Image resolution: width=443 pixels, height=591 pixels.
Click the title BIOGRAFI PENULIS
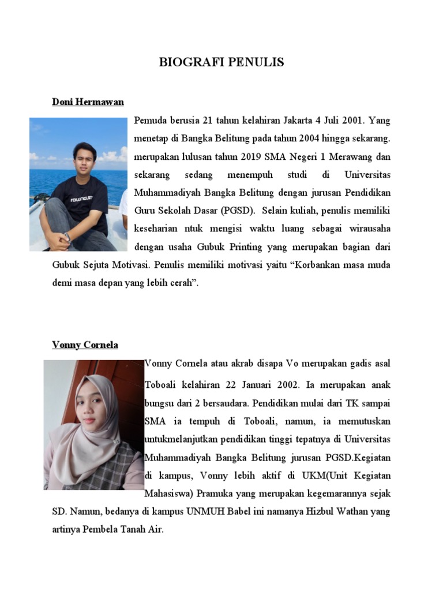[x=221, y=62]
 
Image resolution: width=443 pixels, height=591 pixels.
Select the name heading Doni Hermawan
[x=88, y=102]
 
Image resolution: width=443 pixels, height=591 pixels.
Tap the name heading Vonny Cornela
[x=85, y=345]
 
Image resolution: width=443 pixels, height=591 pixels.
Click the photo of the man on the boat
[x=78, y=184]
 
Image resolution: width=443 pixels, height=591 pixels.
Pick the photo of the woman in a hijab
[x=93, y=425]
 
